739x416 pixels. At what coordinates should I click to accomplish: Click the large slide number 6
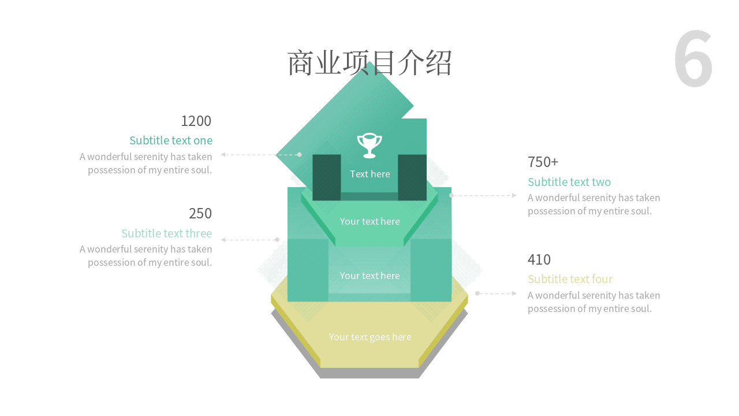(693, 58)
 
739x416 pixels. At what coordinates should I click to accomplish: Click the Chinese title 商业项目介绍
(369, 63)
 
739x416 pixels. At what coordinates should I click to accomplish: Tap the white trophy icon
(369, 146)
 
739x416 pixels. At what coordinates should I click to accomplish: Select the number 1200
(196, 121)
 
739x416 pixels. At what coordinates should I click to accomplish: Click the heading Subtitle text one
(171, 140)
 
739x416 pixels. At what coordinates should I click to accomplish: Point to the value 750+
(543, 162)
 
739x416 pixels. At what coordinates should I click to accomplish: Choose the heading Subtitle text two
(569, 182)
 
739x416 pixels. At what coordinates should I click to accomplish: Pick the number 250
(200, 213)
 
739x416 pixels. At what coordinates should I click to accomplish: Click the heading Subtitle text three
(167, 233)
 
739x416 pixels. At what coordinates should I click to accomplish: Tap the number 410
(539, 259)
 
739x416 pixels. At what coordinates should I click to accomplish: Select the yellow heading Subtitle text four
(570, 279)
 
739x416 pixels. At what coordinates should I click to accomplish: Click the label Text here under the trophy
(370, 174)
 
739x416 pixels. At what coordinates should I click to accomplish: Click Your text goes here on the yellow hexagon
(370, 337)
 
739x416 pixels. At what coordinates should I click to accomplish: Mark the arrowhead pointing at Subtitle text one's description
(223, 154)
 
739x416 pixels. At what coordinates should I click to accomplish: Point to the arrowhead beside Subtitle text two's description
(514, 195)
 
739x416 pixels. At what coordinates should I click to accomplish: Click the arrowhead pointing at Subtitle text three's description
(223, 240)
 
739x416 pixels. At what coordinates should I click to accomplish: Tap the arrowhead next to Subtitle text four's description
(514, 293)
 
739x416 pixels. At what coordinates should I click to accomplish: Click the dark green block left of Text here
(327, 177)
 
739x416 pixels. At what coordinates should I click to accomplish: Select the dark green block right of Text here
(412, 177)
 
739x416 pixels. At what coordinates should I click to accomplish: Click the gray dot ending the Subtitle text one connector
(299, 154)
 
